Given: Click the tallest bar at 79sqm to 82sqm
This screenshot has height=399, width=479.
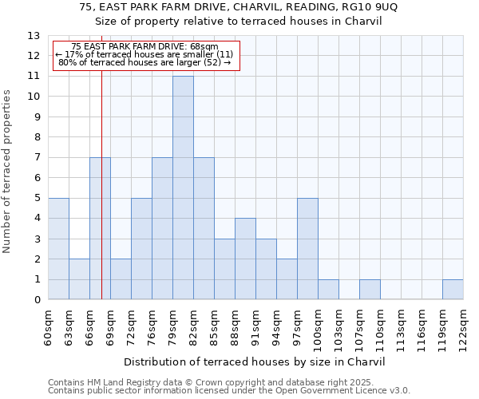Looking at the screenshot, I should [x=183, y=188].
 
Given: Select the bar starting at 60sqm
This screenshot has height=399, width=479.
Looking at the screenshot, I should [x=58, y=248].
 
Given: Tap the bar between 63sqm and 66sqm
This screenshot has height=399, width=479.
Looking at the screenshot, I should [x=79, y=279].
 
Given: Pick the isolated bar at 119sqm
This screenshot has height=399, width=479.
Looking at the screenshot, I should [x=453, y=290].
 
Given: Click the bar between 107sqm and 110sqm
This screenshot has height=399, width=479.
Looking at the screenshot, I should [x=370, y=290].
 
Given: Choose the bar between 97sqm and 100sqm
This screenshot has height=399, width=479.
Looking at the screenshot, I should [x=307, y=248].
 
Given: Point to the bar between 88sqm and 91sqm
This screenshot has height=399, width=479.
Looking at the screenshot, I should [x=245, y=259].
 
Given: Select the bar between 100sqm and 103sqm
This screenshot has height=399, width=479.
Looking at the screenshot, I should [x=328, y=290].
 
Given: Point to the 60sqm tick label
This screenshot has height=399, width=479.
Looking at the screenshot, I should [x=49, y=326].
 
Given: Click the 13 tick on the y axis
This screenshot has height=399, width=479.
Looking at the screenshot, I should [x=34, y=36].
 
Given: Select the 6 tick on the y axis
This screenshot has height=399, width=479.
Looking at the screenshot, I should [x=37, y=178].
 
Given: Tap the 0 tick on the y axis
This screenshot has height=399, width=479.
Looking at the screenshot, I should [x=37, y=300].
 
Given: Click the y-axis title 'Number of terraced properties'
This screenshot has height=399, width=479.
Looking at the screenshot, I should [x=8, y=172].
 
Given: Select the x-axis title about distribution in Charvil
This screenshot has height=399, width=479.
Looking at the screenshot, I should [x=255, y=361].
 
